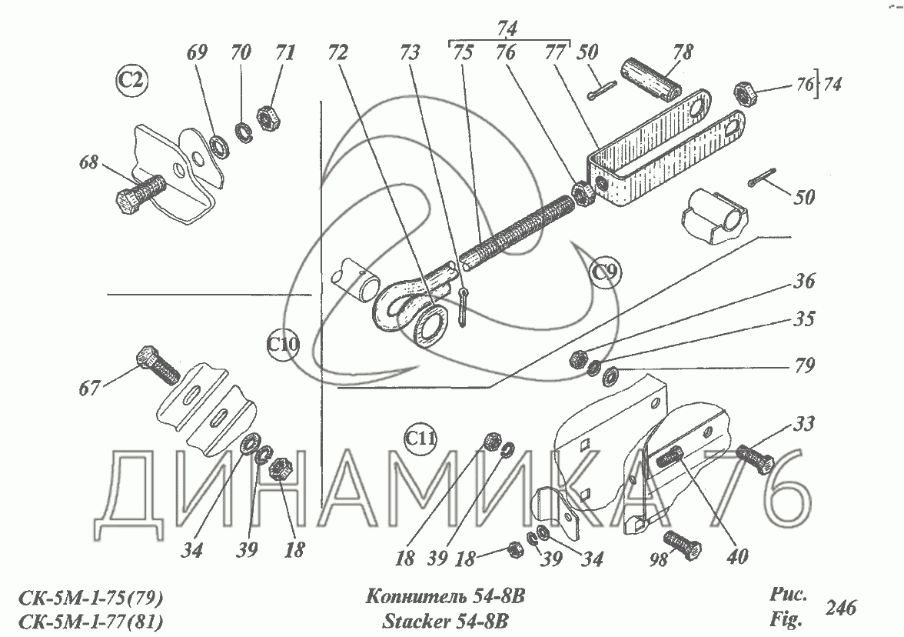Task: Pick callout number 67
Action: click(x=89, y=388)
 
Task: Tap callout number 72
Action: click(x=337, y=53)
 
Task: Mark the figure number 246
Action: click(x=840, y=607)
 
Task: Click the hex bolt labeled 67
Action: click(x=158, y=366)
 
